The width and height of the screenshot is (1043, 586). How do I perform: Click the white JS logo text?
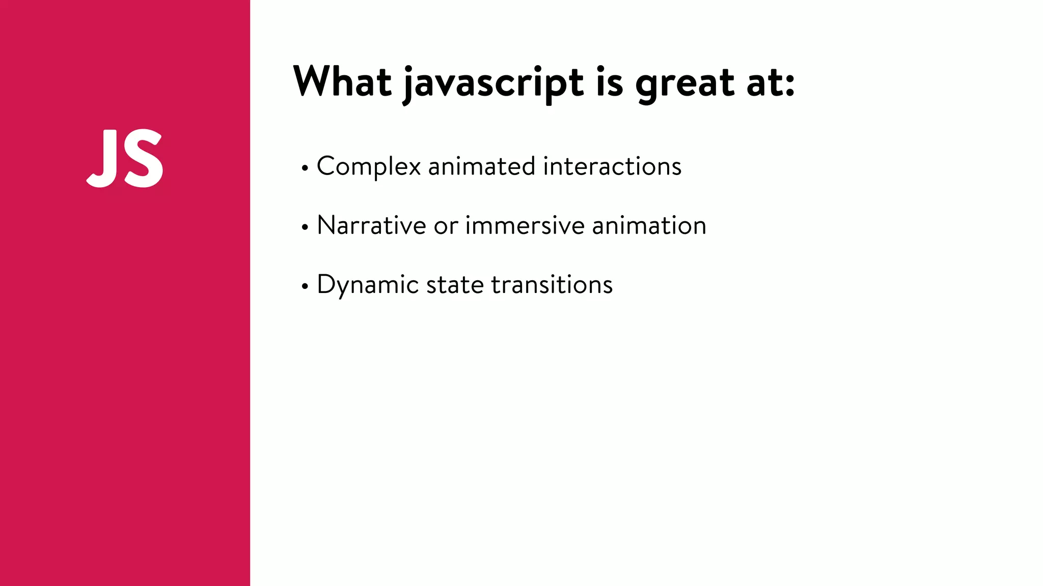[125, 158]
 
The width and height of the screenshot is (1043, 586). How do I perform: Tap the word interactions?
[612, 166]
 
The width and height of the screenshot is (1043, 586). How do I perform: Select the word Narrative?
[371, 225]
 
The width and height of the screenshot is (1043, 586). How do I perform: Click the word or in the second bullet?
[446, 226]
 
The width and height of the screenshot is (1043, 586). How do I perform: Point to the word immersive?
[525, 225]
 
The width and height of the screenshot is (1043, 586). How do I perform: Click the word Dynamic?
[367, 285]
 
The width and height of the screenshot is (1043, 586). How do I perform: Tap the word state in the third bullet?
[455, 284]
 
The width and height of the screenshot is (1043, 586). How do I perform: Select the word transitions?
[552, 284]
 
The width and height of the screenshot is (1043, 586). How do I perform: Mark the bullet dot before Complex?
[305, 168]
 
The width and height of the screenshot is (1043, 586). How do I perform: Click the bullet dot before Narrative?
[305, 227]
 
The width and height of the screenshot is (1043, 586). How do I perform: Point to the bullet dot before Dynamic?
[305, 286]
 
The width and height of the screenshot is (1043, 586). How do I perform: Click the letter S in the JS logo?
[143, 158]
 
